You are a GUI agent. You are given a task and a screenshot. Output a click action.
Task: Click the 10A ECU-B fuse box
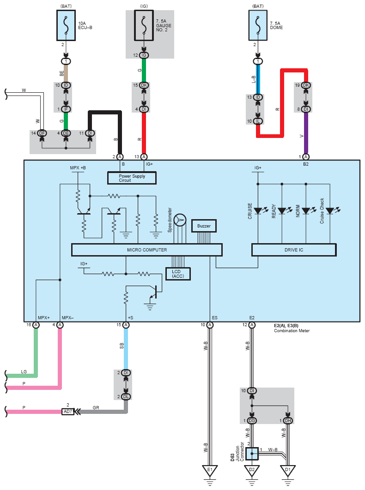click(x=66, y=25)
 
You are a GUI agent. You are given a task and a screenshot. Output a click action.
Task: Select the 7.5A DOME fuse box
click(x=258, y=25)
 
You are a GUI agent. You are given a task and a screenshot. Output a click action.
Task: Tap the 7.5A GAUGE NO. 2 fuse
click(x=144, y=25)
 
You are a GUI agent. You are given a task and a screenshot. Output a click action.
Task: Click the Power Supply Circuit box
click(x=132, y=178)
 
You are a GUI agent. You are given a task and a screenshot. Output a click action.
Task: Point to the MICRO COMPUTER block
click(x=147, y=250)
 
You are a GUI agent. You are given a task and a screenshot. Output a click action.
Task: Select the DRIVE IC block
click(x=294, y=250)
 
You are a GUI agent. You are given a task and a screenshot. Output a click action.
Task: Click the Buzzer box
click(x=204, y=226)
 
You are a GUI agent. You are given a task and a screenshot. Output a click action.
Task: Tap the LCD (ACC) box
click(x=178, y=274)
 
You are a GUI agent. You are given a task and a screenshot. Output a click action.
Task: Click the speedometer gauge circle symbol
click(x=180, y=220)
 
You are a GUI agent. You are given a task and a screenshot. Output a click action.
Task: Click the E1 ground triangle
click(x=210, y=471)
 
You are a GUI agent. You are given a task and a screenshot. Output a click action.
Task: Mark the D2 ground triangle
click(x=252, y=471)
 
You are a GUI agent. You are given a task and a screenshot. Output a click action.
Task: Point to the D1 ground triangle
click(x=288, y=471)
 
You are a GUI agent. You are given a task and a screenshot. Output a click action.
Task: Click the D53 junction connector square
click(x=252, y=454)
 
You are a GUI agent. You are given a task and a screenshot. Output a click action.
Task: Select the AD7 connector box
click(x=68, y=412)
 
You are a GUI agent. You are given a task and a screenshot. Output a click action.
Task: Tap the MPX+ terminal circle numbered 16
click(x=36, y=325)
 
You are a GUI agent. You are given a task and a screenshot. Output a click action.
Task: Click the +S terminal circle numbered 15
click(x=126, y=325)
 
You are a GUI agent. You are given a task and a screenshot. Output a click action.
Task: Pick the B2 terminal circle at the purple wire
click(x=306, y=156)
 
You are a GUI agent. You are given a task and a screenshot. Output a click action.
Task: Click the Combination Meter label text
click(x=292, y=331)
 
